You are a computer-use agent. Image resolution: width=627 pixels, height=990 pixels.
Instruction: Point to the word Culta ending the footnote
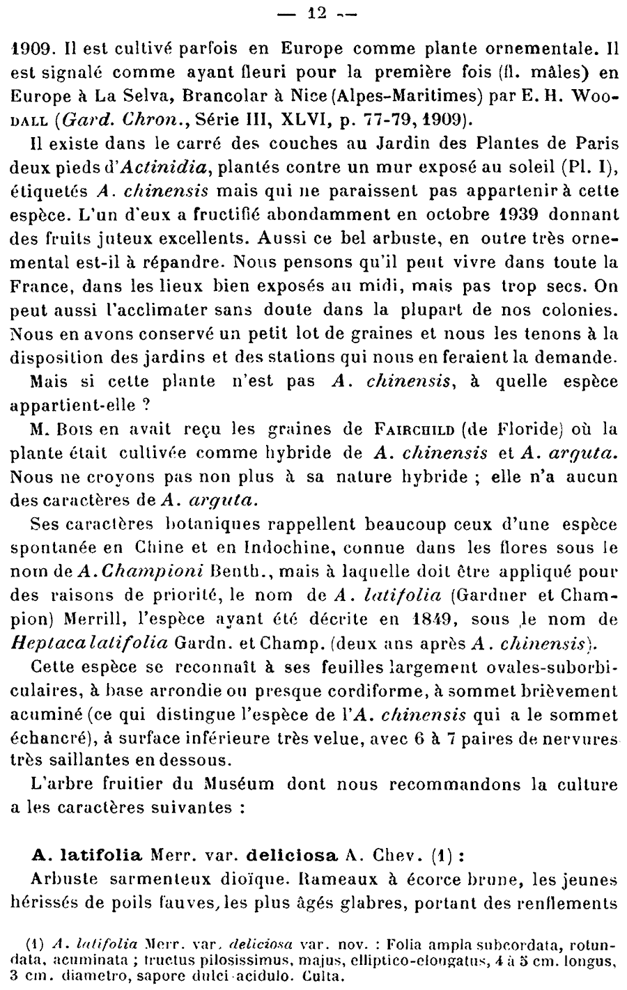click(325, 975)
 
